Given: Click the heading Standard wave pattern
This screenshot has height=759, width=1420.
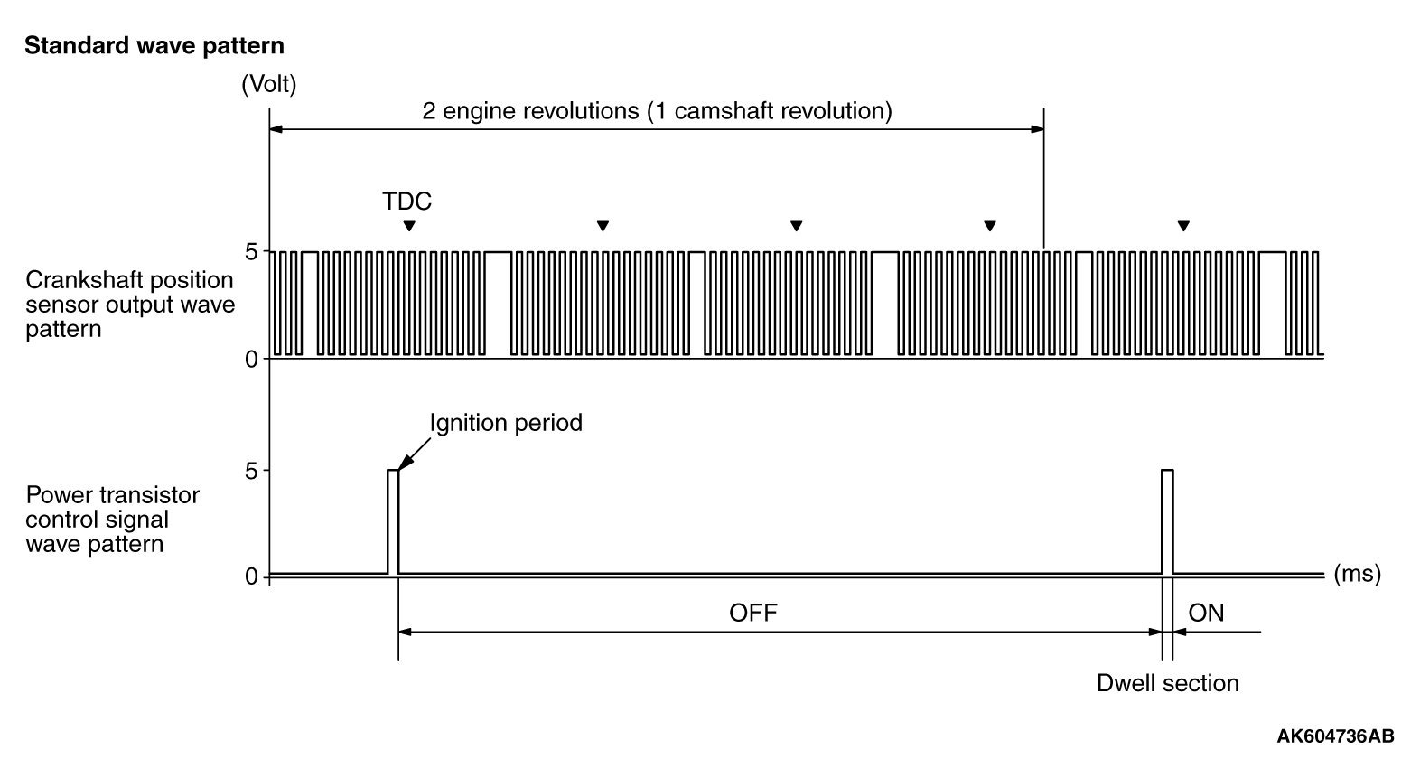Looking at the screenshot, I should pyautogui.click(x=154, y=46).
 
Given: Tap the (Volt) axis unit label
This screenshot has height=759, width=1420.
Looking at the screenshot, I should pyautogui.click(x=268, y=85).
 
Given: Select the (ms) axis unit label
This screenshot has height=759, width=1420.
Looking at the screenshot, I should pyautogui.click(x=1357, y=574).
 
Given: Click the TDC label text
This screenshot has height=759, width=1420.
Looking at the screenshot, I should pyautogui.click(x=406, y=201).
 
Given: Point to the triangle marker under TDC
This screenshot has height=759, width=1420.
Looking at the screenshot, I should pyautogui.click(x=409, y=226).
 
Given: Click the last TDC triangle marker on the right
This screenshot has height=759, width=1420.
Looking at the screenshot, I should pyautogui.click(x=1183, y=226).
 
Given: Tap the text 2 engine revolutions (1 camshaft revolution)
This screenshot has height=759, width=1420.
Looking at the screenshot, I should pyautogui.click(x=657, y=111).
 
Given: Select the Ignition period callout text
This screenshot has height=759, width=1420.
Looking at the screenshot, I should pyautogui.click(x=506, y=422).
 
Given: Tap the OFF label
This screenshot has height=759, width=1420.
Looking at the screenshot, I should pyautogui.click(x=752, y=614).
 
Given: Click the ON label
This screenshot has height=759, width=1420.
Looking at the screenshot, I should pyautogui.click(x=1206, y=614).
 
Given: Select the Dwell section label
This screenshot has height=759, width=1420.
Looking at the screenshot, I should pyautogui.click(x=1167, y=683).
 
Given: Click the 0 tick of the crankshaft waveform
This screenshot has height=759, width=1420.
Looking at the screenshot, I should pyautogui.click(x=252, y=359).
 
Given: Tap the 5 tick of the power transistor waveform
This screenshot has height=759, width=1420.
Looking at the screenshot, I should pyautogui.click(x=252, y=471).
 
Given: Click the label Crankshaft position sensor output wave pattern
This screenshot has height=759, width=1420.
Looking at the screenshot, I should pyautogui.click(x=130, y=305).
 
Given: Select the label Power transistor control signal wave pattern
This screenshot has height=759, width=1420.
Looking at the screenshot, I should pyautogui.click(x=113, y=520).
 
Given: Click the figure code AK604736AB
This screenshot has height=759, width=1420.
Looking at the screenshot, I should pyautogui.click(x=1334, y=735).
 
